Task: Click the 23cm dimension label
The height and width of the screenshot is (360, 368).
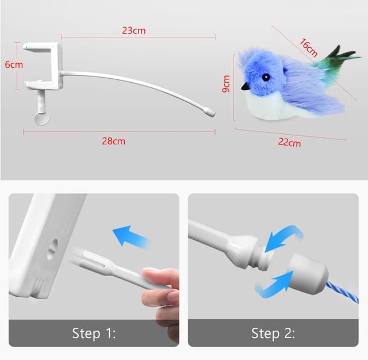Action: point(134,30)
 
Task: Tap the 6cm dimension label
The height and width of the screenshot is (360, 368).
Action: point(14,65)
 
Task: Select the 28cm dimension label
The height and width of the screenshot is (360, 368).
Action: point(114,141)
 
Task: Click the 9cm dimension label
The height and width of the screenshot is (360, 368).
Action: point(226,84)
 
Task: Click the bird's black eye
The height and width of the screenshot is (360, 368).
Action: point(266,77)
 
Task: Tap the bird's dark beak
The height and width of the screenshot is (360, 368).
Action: point(246,87)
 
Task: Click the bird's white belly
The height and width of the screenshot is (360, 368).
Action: point(270,106)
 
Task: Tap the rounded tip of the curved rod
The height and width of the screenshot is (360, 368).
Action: point(211,113)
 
